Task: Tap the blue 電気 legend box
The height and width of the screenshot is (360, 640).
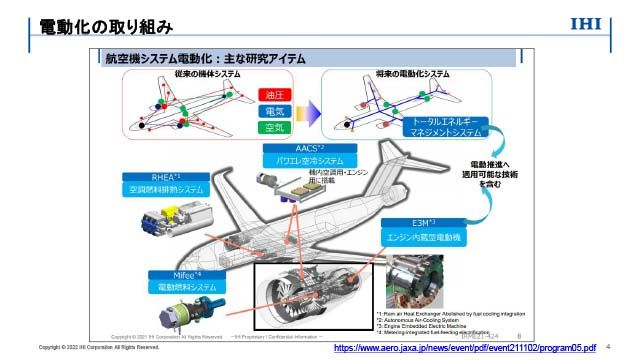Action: pyautogui.click(x=272, y=110)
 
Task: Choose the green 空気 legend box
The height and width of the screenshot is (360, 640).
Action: pyautogui.click(x=272, y=127)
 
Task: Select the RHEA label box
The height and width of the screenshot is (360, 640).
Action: pyautogui.click(x=164, y=182)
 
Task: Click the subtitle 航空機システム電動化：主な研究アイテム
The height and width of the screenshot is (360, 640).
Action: pyautogui.click(x=205, y=59)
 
